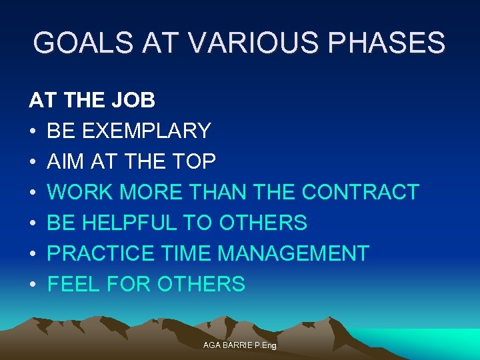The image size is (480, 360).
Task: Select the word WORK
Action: (x=82, y=192)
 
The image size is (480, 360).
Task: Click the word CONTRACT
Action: (x=360, y=192)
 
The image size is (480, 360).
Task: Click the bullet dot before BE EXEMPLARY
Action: (x=32, y=131)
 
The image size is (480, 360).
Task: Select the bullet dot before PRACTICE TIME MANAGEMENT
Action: (x=32, y=254)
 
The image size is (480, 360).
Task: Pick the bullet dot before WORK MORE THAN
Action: (x=32, y=193)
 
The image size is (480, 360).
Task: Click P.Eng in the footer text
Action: (x=265, y=345)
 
